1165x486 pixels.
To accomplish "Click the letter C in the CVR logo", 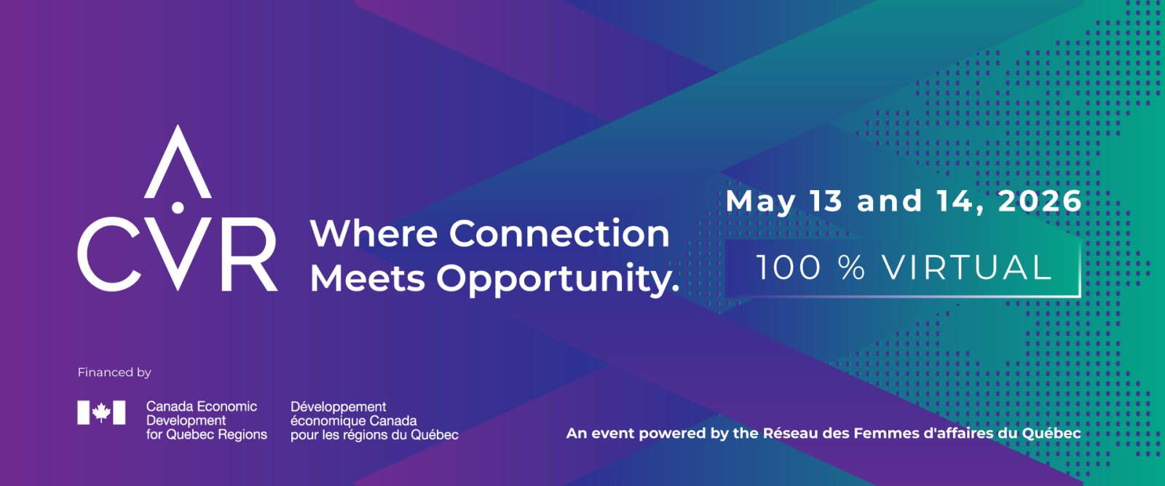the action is point(88,254).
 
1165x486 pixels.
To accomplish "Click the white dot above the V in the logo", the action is point(178,208).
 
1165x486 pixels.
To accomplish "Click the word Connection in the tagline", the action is point(560,233).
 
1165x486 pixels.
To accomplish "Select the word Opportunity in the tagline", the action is point(558,280).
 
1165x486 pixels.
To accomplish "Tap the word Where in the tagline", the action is point(374,233).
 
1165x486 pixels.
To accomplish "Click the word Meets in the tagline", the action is point(368,278).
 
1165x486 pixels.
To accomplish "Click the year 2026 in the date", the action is point(1040,201).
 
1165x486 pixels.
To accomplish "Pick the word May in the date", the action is point(760,202).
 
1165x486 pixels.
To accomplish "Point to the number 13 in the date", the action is point(826,201).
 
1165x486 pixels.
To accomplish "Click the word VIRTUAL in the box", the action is point(968,268).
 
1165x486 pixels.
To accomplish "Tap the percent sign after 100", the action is point(852,268).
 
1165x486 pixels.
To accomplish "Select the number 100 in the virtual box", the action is point(789,268).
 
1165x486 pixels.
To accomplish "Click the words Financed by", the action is point(114,372).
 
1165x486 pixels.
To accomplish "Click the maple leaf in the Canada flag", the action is point(101,413).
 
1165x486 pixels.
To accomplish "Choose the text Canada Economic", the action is point(202,407).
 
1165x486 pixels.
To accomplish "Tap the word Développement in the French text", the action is point(338,407).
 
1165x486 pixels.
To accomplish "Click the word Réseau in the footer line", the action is point(783,433).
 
